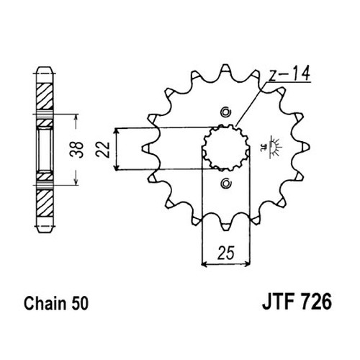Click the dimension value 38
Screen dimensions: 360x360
(76, 150)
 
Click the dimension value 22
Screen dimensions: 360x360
(102, 150)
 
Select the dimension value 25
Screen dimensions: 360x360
(225, 253)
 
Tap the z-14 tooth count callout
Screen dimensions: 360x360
(289, 73)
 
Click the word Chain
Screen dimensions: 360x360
(45, 303)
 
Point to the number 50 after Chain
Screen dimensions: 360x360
(80, 304)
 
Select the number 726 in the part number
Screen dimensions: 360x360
(317, 302)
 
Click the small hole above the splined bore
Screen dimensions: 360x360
(225, 112)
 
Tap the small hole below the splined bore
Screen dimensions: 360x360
(225, 183)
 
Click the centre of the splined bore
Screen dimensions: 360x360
(226, 148)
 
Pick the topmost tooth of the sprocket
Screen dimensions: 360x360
(225, 69)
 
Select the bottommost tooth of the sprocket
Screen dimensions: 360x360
(225, 225)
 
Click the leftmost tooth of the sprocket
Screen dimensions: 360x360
(148, 148)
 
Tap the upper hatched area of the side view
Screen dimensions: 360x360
(45, 96)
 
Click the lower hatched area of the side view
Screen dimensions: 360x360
(45, 202)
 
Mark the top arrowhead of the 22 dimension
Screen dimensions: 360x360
(117, 131)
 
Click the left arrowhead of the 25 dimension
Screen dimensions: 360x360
(204, 264)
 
